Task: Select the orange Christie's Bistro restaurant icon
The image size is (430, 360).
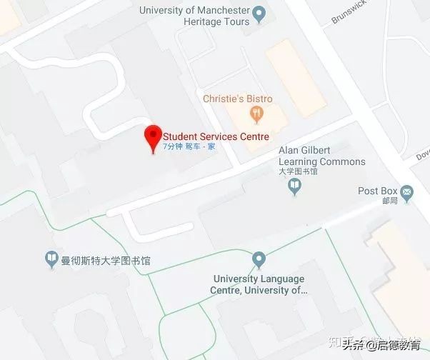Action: pyautogui.click(x=255, y=113)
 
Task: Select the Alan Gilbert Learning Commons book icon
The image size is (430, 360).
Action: pyautogui.click(x=294, y=186)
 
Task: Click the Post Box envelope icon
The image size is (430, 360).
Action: pyautogui.click(x=407, y=191)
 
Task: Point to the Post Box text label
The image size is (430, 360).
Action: pyautogui.click(x=377, y=191)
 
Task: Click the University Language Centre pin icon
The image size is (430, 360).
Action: pyautogui.click(x=259, y=259)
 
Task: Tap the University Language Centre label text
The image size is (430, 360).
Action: pyautogui.click(x=259, y=284)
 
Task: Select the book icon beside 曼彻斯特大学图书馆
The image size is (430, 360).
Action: pyautogui.click(x=51, y=260)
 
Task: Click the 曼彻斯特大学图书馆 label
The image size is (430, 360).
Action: pyautogui.click(x=106, y=261)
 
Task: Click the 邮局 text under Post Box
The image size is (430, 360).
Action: pyautogui.click(x=390, y=201)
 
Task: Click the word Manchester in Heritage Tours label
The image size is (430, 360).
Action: pyautogui.click(x=221, y=11)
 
